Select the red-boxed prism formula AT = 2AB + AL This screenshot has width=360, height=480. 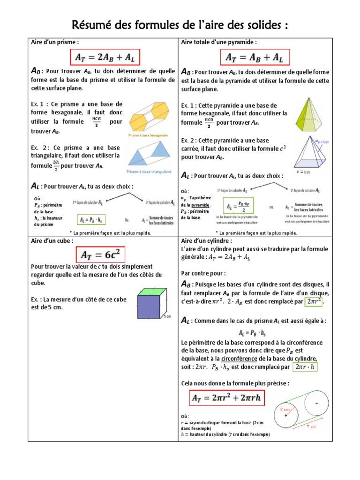[x=105, y=57]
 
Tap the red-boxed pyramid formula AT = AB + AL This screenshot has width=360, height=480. [x=255, y=57]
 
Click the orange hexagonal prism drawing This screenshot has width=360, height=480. [x=149, y=118]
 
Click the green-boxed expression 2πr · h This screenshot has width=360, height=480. [x=305, y=367]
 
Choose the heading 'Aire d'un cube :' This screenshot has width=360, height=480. [x=52, y=240]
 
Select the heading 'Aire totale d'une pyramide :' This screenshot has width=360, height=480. [x=219, y=42]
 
